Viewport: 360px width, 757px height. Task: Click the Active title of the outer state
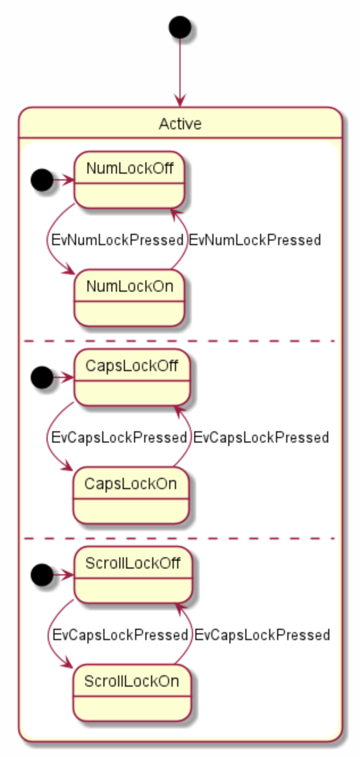(180, 123)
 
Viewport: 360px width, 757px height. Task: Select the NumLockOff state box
(129, 180)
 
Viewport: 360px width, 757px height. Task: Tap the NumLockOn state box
(129, 298)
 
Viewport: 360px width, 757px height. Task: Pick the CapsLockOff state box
(131, 377)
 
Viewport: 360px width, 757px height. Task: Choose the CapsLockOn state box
(131, 495)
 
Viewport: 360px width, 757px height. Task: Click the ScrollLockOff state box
(133, 575)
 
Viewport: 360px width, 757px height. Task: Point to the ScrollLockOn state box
(132, 693)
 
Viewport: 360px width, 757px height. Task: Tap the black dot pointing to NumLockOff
(41, 180)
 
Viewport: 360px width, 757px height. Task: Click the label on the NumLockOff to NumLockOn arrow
(116, 240)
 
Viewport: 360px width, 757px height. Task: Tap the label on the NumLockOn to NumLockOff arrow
(255, 240)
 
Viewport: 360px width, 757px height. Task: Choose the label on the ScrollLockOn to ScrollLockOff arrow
(262, 635)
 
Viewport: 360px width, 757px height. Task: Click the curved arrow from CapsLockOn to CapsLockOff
(188, 437)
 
